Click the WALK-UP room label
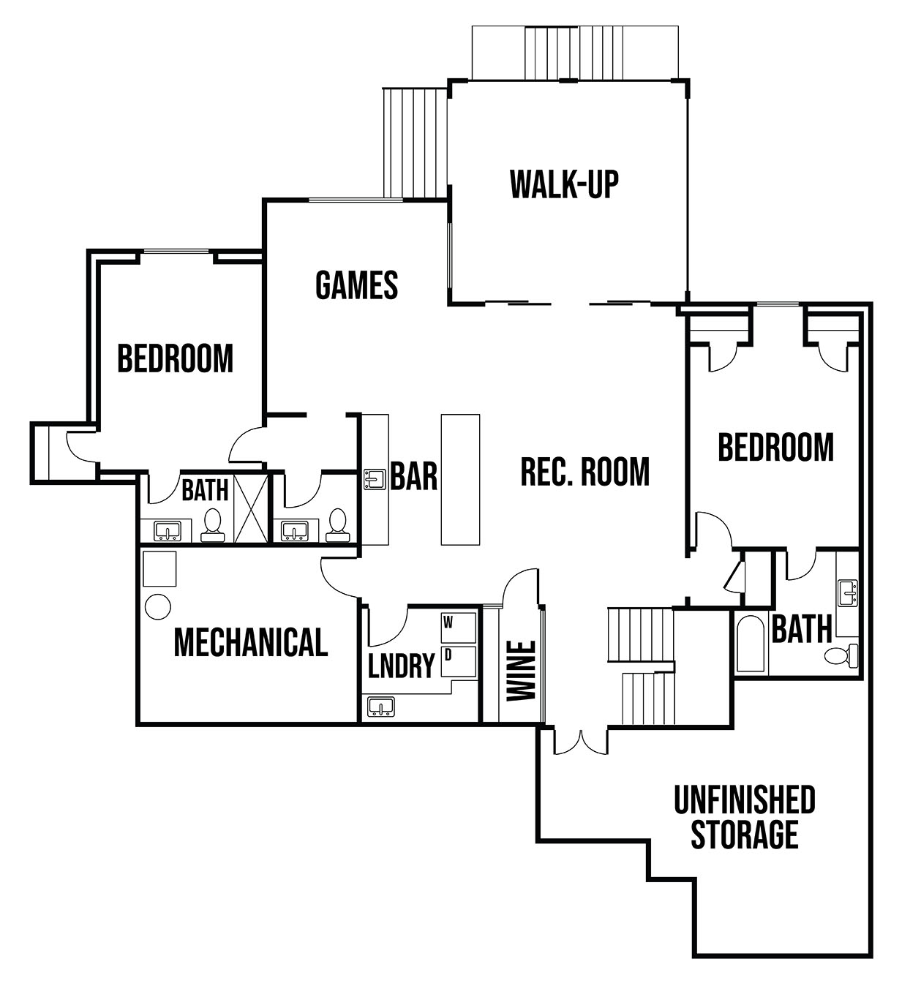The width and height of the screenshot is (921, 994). pyautogui.click(x=565, y=184)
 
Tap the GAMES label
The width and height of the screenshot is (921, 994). pyautogui.click(x=356, y=285)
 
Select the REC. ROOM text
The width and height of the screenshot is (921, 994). pyautogui.click(x=585, y=472)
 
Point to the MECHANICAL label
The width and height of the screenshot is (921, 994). pyautogui.click(x=251, y=643)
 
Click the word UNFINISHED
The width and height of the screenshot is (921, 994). pyautogui.click(x=745, y=799)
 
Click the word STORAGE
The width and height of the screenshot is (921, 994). pyautogui.click(x=745, y=835)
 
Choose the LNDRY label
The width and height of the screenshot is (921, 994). pyautogui.click(x=402, y=665)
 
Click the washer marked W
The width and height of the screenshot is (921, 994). pyautogui.click(x=458, y=628)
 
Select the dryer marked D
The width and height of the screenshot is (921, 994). pyautogui.click(x=458, y=662)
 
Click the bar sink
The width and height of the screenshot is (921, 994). pyautogui.click(x=375, y=479)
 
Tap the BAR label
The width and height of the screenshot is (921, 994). pyautogui.click(x=413, y=476)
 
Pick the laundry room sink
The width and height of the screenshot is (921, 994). pyautogui.click(x=381, y=707)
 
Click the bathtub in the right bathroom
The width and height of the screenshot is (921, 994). pyautogui.click(x=750, y=643)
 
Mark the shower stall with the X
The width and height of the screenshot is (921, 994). pyautogui.click(x=251, y=508)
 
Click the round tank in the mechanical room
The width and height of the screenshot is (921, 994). pyautogui.click(x=158, y=606)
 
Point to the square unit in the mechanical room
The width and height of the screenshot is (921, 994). pyautogui.click(x=159, y=568)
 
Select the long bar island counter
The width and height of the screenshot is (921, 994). pyautogui.click(x=460, y=480)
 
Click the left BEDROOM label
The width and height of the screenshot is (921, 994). pyautogui.click(x=176, y=358)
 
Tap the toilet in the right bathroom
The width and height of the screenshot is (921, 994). pyautogui.click(x=841, y=655)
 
